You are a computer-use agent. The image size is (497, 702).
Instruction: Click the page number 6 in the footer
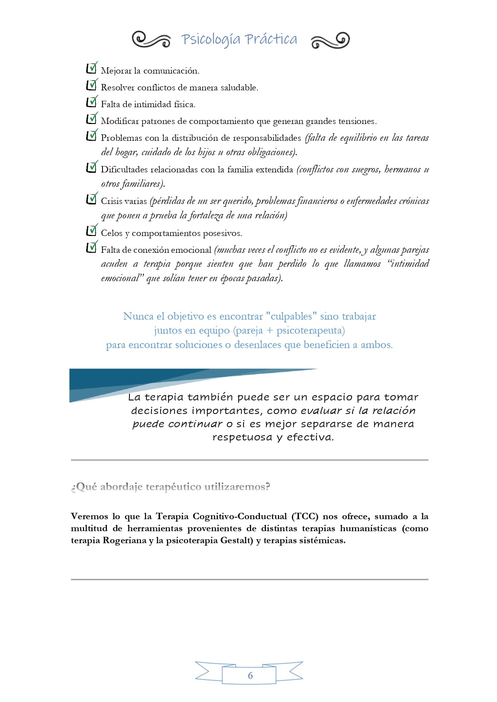(x=250, y=676)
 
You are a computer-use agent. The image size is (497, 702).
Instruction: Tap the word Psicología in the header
(x=211, y=40)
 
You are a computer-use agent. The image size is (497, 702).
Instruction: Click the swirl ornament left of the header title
(x=151, y=39)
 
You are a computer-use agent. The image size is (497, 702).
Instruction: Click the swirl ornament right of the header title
(x=330, y=40)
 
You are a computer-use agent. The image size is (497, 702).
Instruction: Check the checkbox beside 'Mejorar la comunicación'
(x=91, y=69)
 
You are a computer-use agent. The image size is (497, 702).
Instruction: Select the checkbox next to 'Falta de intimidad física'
(x=91, y=102)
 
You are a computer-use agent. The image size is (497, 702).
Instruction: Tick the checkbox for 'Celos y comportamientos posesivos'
(x=91, y=231)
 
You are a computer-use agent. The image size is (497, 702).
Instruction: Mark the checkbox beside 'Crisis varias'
(x=91, y=199)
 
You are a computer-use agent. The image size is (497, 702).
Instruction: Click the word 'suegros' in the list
(x=366, y=170)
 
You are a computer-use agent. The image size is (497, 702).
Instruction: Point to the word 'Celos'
(x=111, y=233)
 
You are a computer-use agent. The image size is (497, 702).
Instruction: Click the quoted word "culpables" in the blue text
(x=291, y=316)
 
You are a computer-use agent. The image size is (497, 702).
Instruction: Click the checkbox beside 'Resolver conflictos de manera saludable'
(x=91, y=86)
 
